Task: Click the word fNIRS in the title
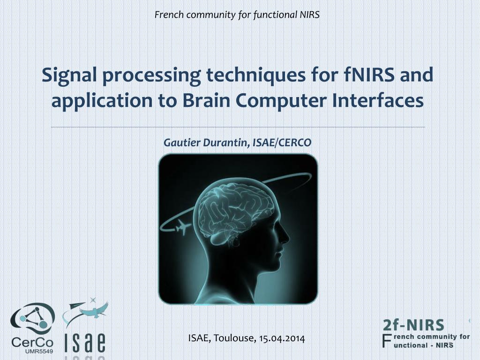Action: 368,75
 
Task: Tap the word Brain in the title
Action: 206,100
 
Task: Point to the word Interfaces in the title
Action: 378,100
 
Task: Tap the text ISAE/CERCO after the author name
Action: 282,142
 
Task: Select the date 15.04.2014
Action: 282,338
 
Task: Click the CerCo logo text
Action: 32,342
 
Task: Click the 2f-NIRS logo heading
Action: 413,325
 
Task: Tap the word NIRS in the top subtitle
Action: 309,15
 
